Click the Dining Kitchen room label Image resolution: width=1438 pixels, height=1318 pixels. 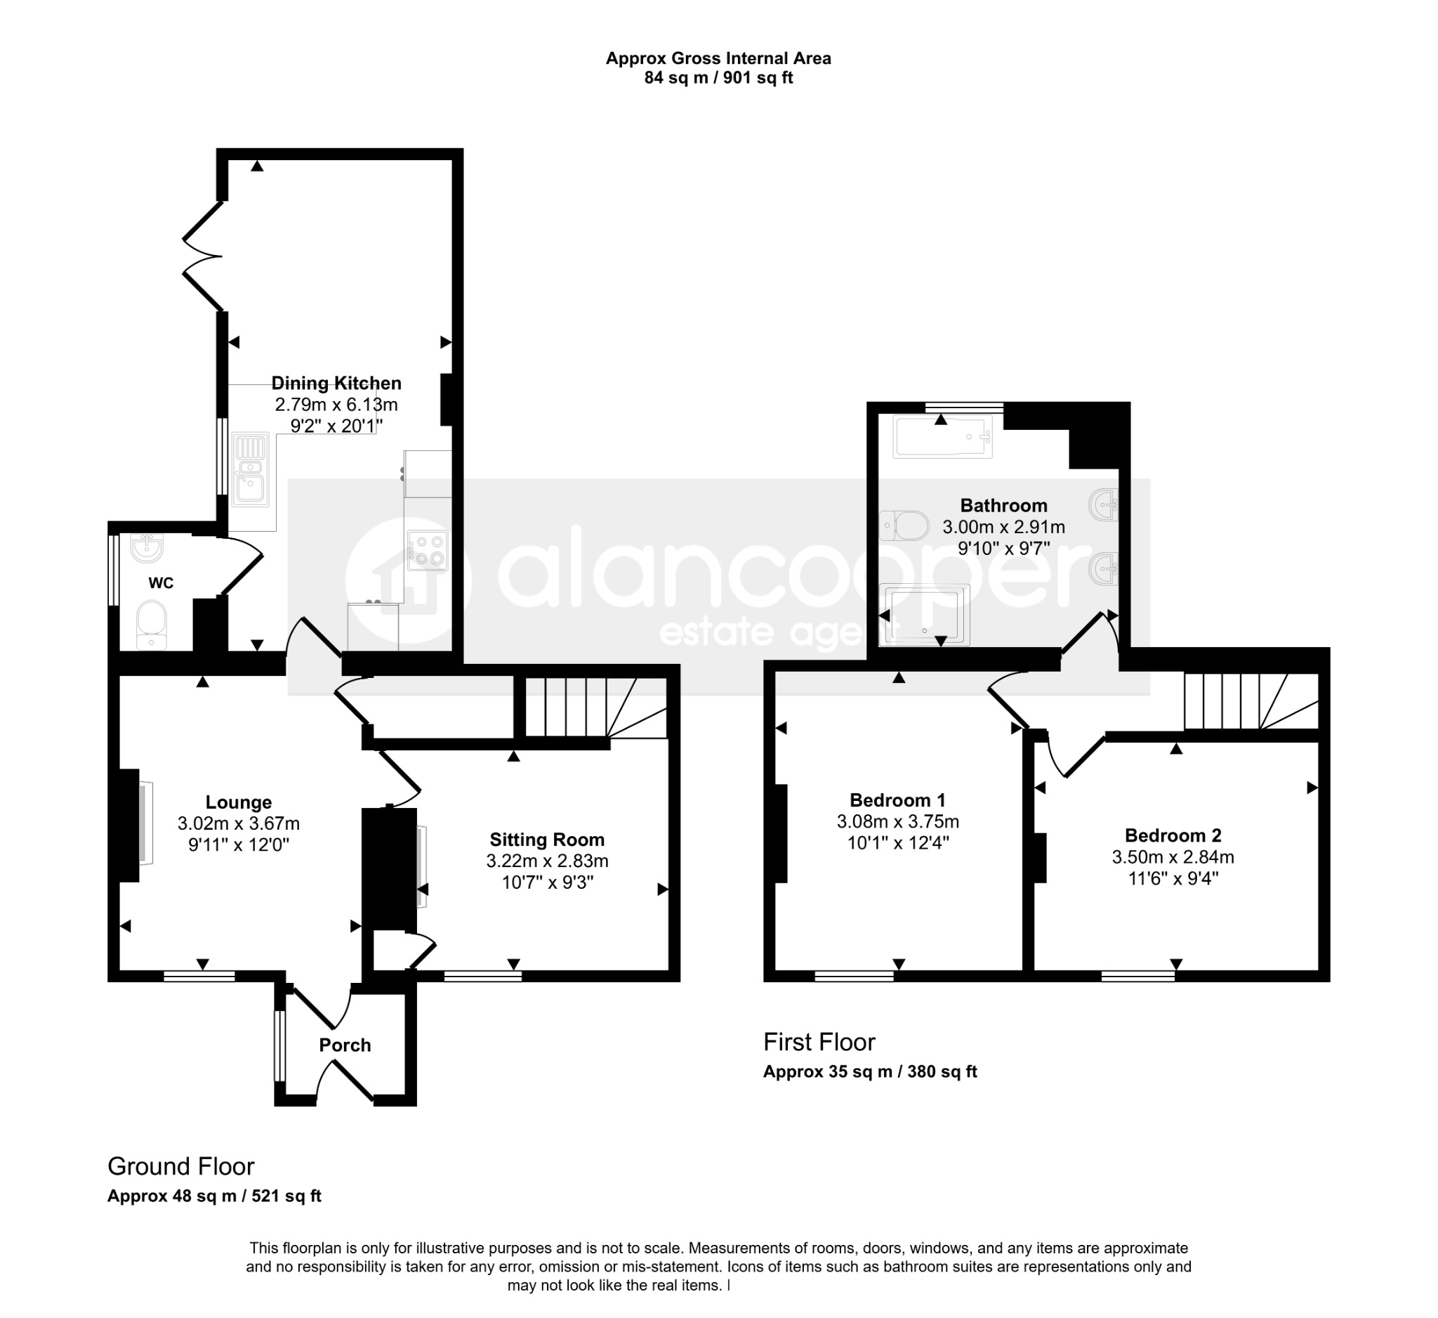click(x=336, y=383)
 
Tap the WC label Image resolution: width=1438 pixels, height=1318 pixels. click(x=161, y=583)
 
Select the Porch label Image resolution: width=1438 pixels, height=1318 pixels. click(x=345, y=1045)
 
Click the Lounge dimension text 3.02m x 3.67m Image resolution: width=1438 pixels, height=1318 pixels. click(x=238, y=823)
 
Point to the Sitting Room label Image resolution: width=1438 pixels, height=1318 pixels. click(x=547, y=840)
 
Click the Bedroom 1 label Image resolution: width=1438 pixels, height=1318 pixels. click(x=897, y=800)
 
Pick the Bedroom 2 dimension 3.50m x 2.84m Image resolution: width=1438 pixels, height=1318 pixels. click(x=1173, y=856)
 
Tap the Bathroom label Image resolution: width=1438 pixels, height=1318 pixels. click(x=1003, y=505)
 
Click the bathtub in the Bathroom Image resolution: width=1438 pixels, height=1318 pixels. click(x=942, y=437)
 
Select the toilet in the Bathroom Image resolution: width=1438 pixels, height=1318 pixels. click(x=904, y=526)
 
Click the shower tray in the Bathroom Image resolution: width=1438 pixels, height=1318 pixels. click(x=925, y=615)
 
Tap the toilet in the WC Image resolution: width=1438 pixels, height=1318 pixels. click(x=150, y=626)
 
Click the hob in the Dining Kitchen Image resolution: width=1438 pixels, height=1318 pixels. click(x=428, y=550)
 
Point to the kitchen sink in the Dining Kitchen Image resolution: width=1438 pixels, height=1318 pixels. click(x=250, y=469)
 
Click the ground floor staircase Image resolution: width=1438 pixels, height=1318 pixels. click(x=595, y=707)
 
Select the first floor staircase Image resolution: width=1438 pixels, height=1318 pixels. click(x=1251, y=700)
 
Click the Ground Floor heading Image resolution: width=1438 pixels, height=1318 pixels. click(x=180, y=1166)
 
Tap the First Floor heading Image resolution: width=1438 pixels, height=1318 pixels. click(x=819, y=1042)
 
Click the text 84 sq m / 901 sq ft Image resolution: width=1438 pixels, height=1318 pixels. click(x=718, y=78)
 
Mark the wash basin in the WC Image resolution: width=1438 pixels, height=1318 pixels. click(x=147, y=547)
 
